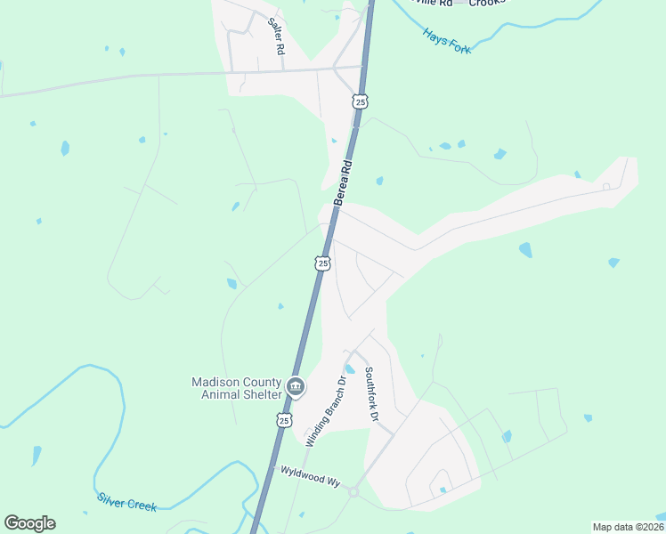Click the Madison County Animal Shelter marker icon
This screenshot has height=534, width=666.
(296, 387)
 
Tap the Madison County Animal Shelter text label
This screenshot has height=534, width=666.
(237, 388)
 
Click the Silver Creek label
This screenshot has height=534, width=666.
(127, 502)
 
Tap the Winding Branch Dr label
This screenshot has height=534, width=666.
(326, 411)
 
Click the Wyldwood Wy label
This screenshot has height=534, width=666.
(310, 475)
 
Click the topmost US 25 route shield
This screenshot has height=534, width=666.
(360, 101)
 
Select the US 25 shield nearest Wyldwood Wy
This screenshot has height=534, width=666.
(284, 419)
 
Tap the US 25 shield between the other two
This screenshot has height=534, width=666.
(322, 263)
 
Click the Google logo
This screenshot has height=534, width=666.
(29, 523)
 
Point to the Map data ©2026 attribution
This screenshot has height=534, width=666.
(628, 527)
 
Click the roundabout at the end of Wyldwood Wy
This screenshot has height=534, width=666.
(353, 491)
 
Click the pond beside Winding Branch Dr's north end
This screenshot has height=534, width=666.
(350, 368)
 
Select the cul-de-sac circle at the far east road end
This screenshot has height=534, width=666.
(606, 187)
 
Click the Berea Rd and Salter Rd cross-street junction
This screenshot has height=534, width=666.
(361, 67)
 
